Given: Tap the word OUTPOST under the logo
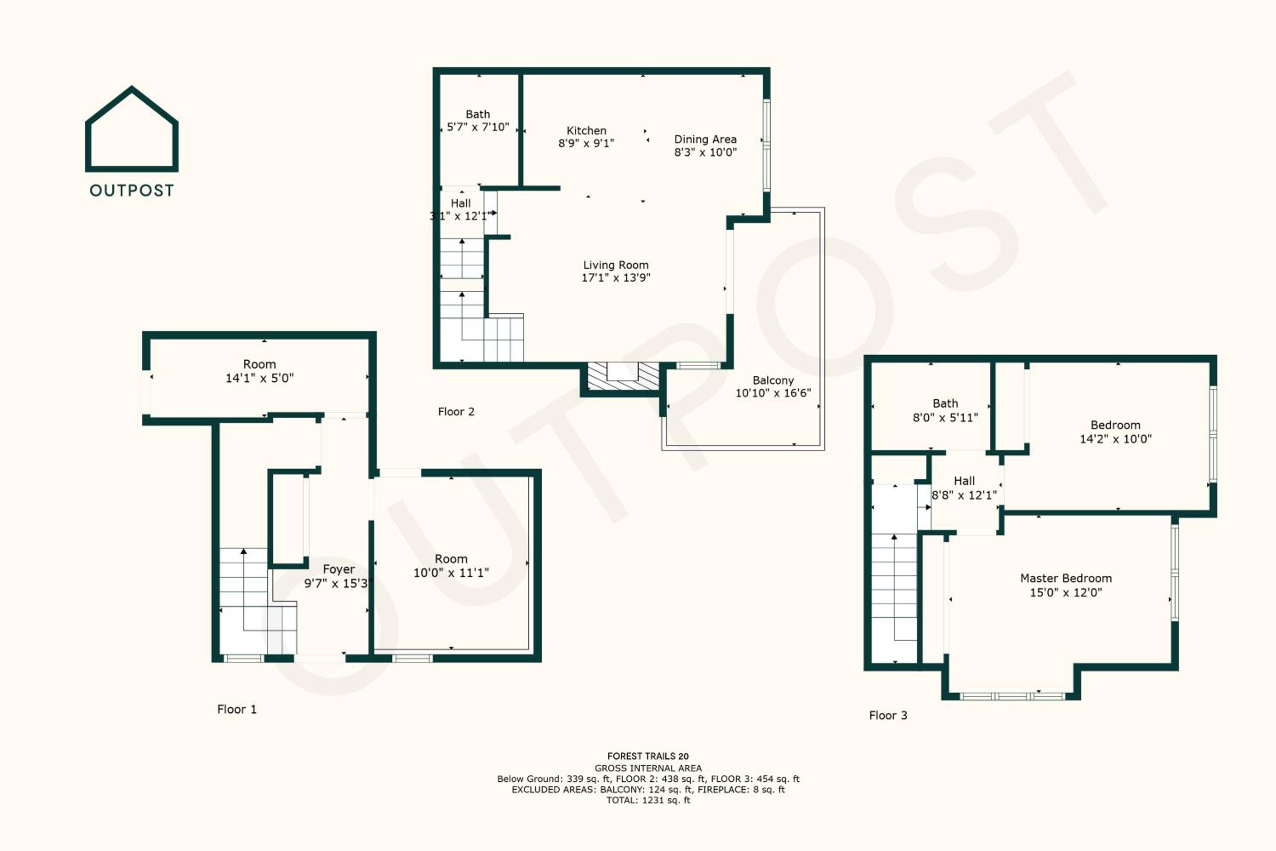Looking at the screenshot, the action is (132, 191).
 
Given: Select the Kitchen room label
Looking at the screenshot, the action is (587, 131).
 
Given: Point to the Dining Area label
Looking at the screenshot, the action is (705, 140).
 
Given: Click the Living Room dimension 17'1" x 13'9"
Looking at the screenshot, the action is (616, 278).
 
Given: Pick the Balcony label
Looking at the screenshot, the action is (773, 380).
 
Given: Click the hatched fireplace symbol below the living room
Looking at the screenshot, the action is (624, 376).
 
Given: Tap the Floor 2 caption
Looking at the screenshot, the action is (456, 412).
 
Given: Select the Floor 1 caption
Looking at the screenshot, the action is (236, 709).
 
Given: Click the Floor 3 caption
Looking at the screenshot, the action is (888, 715).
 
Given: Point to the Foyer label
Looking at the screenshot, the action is (339, 569).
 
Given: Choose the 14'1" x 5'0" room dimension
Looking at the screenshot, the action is (259, 378).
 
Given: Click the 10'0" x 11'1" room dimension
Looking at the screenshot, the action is (451, 573).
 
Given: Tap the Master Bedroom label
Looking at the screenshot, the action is (1066, 579).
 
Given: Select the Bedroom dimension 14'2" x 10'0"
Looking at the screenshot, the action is (1115, 439).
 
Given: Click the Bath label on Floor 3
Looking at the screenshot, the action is (945, 404).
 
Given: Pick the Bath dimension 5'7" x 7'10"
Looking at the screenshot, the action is (478, 127).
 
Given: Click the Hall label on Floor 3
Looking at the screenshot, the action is (964, 481).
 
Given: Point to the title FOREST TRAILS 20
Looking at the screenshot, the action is (648, 756).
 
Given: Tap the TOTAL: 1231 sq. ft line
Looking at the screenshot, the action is (648, 800).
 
